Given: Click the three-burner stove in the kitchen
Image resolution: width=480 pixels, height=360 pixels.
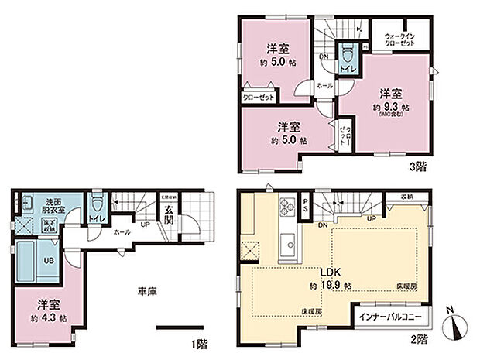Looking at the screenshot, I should (286, 206).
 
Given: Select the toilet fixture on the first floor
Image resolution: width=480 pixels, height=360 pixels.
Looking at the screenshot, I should (96, 207).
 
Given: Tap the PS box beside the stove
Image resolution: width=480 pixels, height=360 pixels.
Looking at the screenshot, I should (306, 207).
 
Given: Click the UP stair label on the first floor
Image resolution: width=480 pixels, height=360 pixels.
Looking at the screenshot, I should (145, 225).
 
